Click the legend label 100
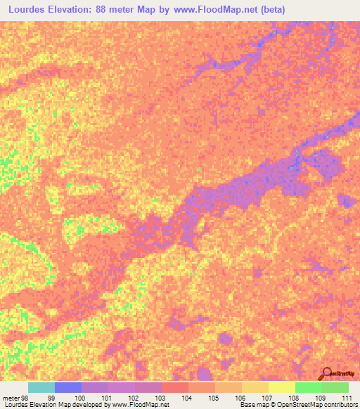[x=79, y=398]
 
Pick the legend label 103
[x=161, y=398]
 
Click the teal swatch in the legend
[x=41, y=387]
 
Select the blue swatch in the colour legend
[x=68, y=387]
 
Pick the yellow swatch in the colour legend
[x=281, y=387]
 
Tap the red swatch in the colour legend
[x=175, y=387]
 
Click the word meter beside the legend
[x=11, y=398]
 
